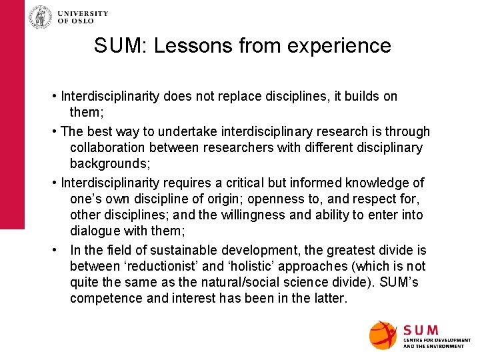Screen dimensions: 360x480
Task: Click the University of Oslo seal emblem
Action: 40,17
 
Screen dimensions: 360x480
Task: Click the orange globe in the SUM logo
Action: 383,335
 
